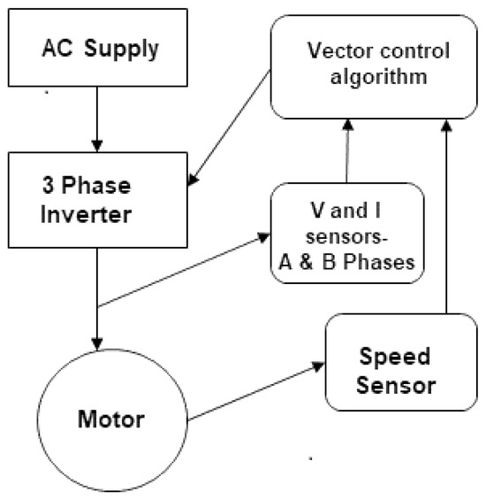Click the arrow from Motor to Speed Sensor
256,390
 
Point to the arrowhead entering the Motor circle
98,342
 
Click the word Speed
397,358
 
